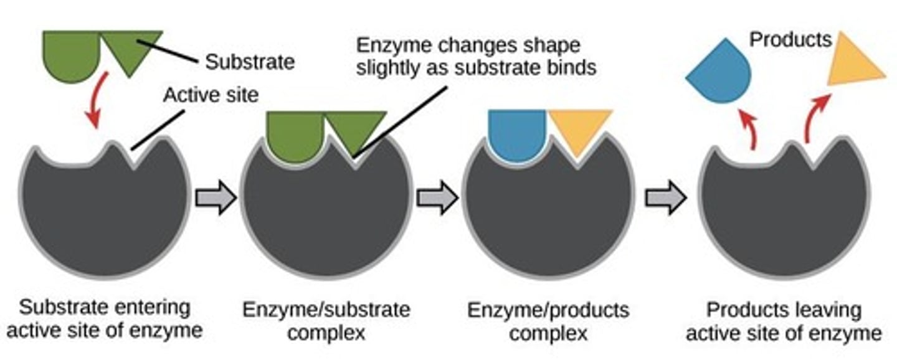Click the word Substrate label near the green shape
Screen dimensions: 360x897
pos(250,62)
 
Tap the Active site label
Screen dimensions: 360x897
pos(211,95)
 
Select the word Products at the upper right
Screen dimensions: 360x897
pos(790,40)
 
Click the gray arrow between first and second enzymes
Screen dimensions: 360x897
pos(216,198)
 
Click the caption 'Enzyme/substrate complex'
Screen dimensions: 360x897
pos(327,320)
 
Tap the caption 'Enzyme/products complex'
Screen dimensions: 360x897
pos(549,320)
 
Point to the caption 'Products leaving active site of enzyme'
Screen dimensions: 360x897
pos(784,320)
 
